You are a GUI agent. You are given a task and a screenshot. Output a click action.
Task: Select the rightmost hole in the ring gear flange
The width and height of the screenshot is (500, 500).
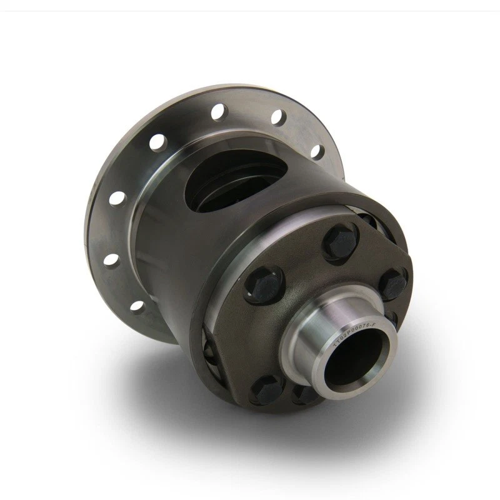point(318,151)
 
